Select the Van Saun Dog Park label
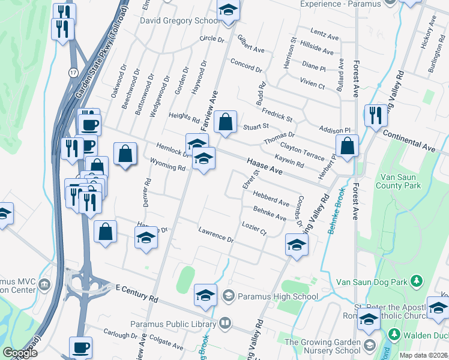click(x=372, y=281)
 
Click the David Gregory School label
click(x=179, y=21)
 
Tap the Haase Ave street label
click(x=264, y=167)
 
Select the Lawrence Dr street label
click(x=216, y=235)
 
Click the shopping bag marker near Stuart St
click(x=225, y=122)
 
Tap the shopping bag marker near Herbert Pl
click(x=348, y=146)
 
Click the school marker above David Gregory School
click(x=228, y=11)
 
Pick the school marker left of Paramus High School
click(x=205, y=296)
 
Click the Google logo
click(x=20, y=353)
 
